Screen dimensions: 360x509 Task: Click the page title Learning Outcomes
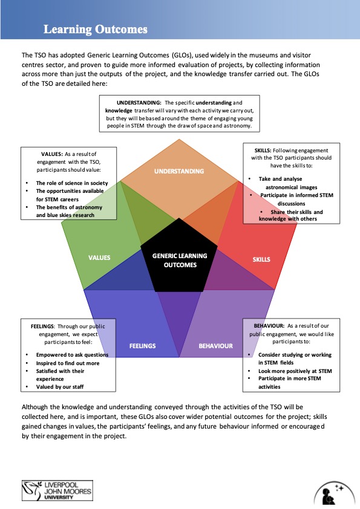coord(96,29)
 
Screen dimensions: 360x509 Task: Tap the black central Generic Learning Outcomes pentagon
coord(179,256)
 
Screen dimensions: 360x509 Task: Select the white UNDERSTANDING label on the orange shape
coord(179,171)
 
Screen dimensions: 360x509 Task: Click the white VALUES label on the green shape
coord(99,258)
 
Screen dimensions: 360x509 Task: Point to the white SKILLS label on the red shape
coord(261,259)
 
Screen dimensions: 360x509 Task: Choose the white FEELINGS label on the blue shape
coord(142,346)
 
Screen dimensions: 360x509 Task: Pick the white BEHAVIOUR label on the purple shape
coord(216,346)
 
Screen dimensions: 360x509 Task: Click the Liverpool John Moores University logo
coord(57,490)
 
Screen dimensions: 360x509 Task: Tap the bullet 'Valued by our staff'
coord(60,387)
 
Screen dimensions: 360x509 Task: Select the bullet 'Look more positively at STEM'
coord(295,371)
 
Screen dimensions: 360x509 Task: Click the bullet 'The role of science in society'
coord(72,183)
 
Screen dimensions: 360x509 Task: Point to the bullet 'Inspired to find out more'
coord(68,363)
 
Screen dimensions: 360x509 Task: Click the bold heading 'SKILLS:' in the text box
coord(263,151)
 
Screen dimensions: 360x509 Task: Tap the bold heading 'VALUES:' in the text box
coord(52,154)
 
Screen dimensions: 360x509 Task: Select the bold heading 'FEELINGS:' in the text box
coord(42,326)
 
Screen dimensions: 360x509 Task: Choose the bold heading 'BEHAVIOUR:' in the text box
coord(269,326)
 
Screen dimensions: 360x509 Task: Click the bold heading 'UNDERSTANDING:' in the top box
coord(139,103)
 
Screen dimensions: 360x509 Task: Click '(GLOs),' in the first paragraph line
coord(182,55)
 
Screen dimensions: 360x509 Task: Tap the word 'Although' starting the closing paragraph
coord(34,407)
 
